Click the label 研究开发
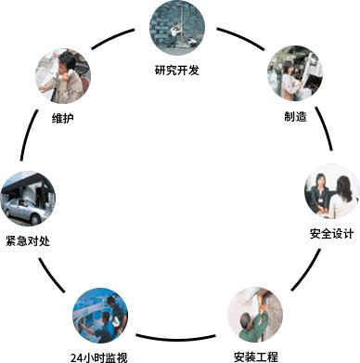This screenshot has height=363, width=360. pyautogui.click(x=176, y=69)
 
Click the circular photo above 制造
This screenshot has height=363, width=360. pyautogui.click(x=296, y=74)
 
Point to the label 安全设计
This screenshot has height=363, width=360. pyautogui.click(x=330, y=231)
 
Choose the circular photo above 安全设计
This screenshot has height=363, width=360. pyautogui.click(x=331, y=191)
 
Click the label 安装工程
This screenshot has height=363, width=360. pyautogui.click(x=256, y=355)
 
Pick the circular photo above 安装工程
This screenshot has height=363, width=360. pyautogui.click(x=255, y=315)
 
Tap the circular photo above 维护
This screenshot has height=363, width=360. pyautogui.click(x=63, y=75)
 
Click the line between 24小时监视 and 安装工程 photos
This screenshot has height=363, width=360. pyautogui.click(x=178, y=334)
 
